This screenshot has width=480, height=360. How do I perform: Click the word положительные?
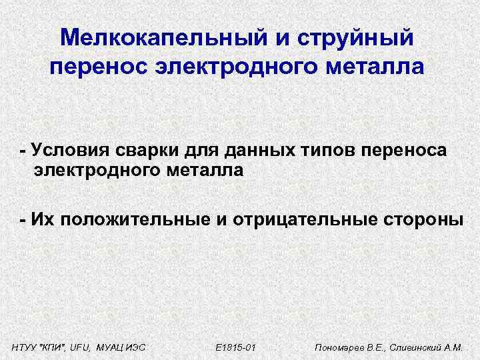135,220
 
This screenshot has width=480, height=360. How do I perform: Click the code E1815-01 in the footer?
237,348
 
